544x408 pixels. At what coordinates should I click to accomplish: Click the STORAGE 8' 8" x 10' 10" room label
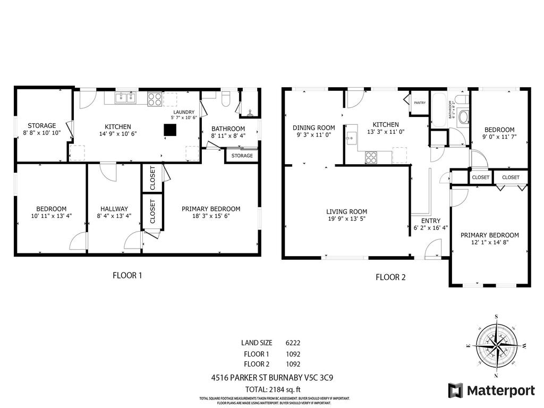[x=42, y=129]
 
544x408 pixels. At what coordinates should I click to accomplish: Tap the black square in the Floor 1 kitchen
[x=170, y=130]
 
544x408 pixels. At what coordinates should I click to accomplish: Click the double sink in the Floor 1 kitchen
[x=126, y=98]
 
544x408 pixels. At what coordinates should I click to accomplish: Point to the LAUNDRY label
[x=184, y=112]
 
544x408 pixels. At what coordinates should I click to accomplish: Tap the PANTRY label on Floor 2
[x=420, y=103]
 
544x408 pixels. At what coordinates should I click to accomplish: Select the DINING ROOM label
[x=314, y=127]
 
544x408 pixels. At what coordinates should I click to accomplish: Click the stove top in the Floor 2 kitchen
[x=371, y=157]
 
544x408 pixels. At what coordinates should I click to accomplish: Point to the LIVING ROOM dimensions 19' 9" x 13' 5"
[x=346, y=219]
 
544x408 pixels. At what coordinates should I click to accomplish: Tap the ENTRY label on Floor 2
[x=430, y=221]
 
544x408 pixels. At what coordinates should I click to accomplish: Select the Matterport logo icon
[x=455, y=390]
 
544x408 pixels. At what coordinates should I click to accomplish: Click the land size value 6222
[x=293, y=343]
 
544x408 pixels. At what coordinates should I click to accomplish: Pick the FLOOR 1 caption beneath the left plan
[x=127, y=275]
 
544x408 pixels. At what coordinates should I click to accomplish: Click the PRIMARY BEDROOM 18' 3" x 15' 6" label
[x=211, y=212]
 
